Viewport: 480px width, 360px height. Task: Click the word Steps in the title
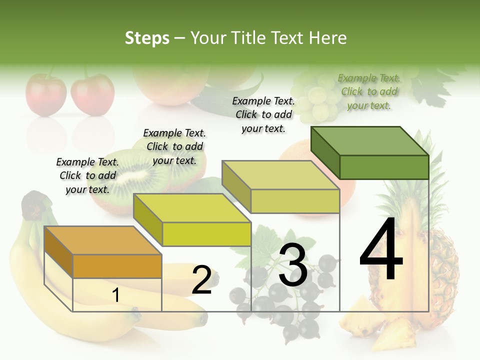click(147, 38)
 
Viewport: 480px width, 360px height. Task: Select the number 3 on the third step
click(293, 264)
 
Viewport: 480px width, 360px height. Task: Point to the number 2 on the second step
click(202, 279)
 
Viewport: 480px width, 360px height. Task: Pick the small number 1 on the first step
click(116, 295)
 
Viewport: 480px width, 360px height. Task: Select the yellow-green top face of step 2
click(192, 208)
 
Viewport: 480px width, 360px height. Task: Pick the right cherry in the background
click(92, 95)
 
